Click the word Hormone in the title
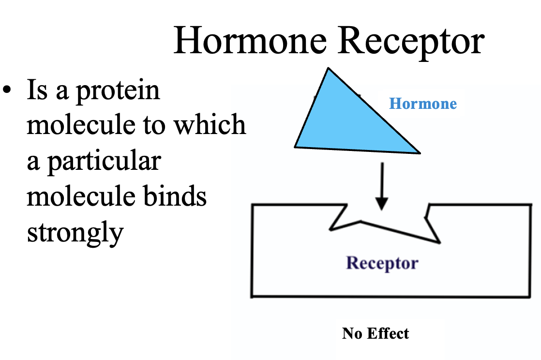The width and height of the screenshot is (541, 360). tap(250, 41)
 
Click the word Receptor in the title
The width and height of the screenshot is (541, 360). tap(411, 41)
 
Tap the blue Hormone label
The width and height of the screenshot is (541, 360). tap(422, 104)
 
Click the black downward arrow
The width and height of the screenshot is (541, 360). tap(382, 186)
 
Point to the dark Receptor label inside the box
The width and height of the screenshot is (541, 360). tap(382, 263)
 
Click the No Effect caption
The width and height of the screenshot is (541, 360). tap(375, 333)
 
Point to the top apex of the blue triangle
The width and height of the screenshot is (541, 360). tap(329, 69)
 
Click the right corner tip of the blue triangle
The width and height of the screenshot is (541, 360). tap(419, 152)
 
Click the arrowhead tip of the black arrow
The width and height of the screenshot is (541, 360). tap(382, 209)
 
